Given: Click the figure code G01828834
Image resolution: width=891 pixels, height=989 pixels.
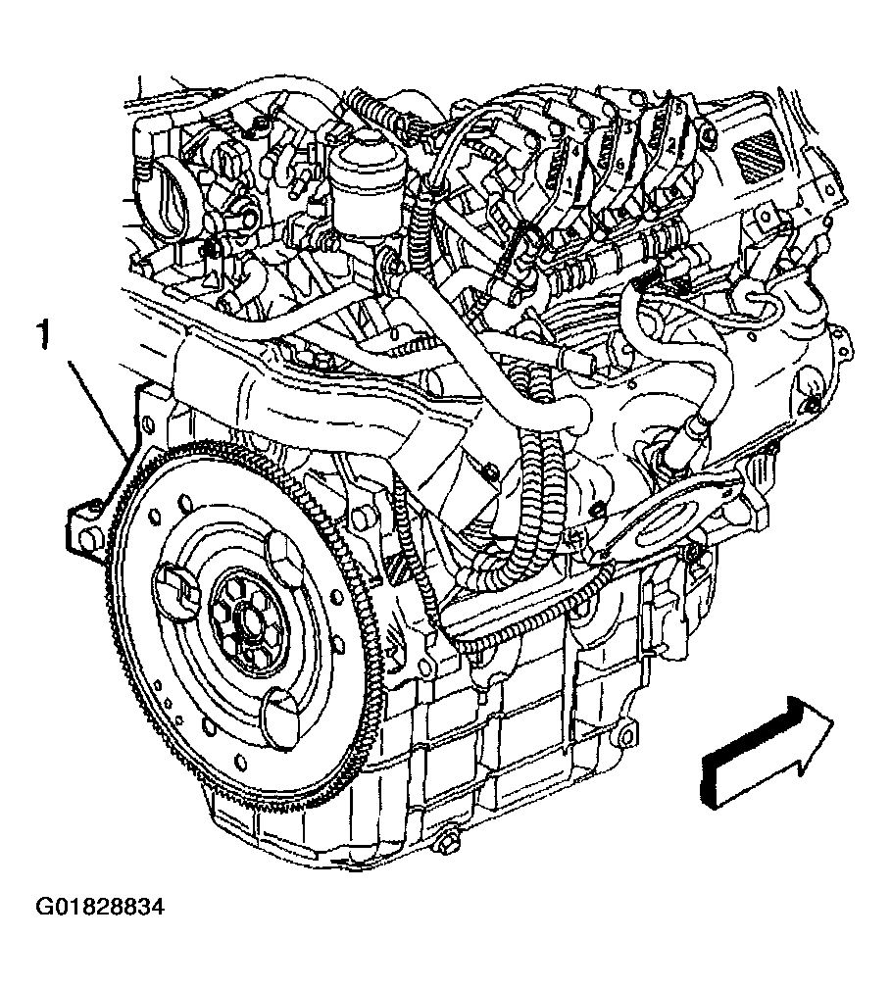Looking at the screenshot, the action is (x=100, y=907).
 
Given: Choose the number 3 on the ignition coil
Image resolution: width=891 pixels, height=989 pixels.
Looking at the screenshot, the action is (x=627, y=126).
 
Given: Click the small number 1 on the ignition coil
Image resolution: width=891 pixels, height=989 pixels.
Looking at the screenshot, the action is (x=569, y=183).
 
